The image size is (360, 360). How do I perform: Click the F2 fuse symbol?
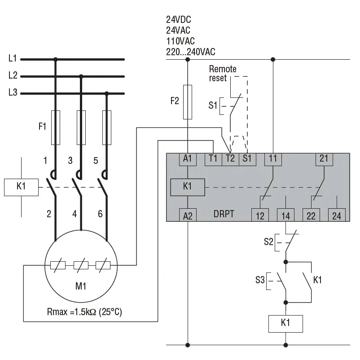(188, 102)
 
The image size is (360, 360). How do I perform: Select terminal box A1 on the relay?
(188, 159)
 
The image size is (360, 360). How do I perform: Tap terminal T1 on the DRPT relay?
(213, 159)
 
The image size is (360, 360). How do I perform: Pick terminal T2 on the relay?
(230, 159)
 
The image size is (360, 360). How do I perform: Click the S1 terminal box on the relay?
(247, 159)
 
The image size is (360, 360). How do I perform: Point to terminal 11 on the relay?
(273, 159)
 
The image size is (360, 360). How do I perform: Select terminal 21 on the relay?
(324, 159)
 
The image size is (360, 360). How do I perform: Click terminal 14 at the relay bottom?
(285, 215)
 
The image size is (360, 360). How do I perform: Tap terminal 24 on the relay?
(337, 215)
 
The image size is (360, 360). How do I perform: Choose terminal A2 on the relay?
(188, 215)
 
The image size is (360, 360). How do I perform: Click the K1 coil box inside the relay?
(188, 187)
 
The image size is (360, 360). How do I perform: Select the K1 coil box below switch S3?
(285, 324)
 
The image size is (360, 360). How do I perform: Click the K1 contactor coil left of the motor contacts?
(21, 187)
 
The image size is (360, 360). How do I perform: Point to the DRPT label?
(224, 214)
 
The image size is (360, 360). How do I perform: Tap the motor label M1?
(81, 286)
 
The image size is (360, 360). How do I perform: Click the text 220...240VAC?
(191, 52)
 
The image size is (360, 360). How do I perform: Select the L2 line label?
(13, 75)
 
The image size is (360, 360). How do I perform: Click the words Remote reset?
(223, 74)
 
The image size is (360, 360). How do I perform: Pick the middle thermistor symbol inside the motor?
(81, 265)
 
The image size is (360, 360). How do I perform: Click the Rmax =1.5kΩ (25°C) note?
(84, 312)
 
